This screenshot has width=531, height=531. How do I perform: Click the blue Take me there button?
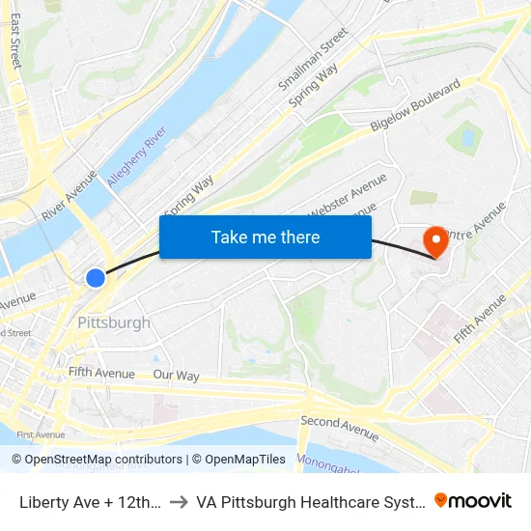click(x=265, y=237)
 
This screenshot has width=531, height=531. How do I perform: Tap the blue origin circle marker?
click(x=96, y=278)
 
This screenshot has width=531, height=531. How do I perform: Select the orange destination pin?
click(x=436, y=240)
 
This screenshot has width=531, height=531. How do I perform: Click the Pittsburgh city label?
click(x=114, y=322)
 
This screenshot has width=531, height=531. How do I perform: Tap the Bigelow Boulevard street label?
click(x=416, y=106)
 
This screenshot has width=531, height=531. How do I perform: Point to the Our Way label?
click(x=176, y=375)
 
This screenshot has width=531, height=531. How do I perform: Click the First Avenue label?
click(x=41, y=435)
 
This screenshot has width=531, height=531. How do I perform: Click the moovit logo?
click(x=472, y=500)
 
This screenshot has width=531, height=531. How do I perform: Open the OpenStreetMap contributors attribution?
click(x=98, y=460)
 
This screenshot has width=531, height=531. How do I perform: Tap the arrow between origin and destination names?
click(x=179, y=501)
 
